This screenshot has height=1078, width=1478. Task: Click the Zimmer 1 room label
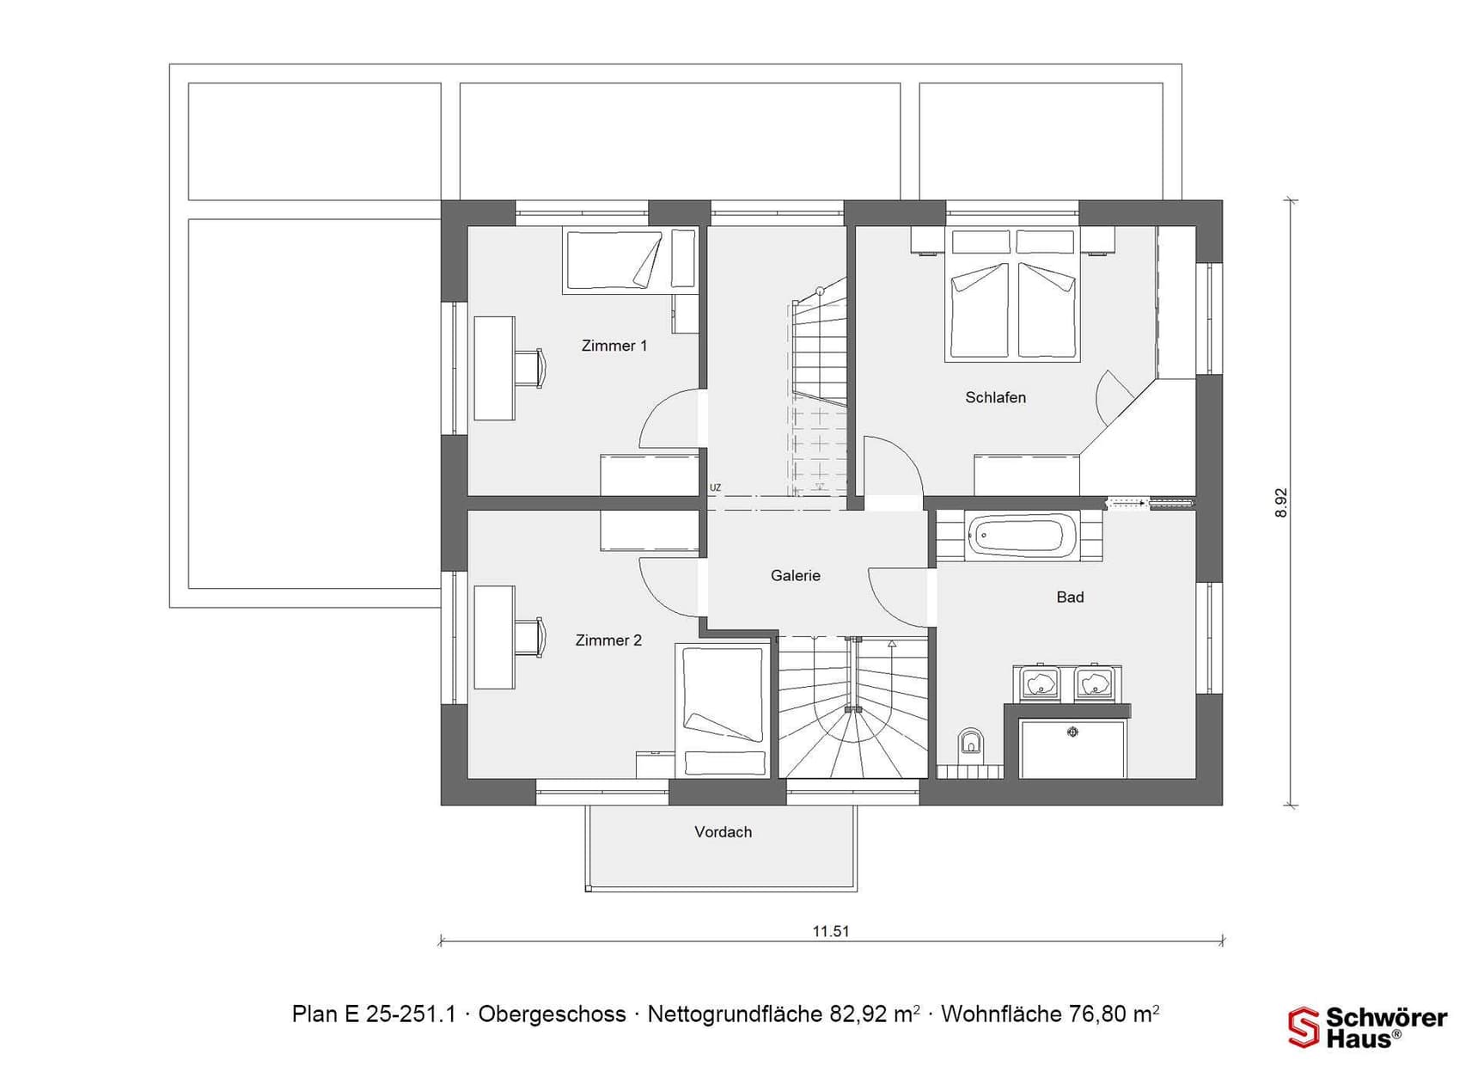coord(614,346)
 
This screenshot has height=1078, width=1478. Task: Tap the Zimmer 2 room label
coord(608,640)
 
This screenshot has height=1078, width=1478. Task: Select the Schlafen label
coord(995,397)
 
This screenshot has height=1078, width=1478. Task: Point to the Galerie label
coord(795,576)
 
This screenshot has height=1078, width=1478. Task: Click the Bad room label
coord(1070,597)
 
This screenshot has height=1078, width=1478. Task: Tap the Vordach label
coord(723,832)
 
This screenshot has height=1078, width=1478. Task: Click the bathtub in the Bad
coord(1023,534)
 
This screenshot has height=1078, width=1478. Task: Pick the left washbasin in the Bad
coord(1039,683)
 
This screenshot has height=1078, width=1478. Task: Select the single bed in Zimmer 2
coord(723,710)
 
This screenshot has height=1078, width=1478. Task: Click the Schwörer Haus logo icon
coord(1303,1027)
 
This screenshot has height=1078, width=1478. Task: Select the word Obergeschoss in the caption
coord(552,1014)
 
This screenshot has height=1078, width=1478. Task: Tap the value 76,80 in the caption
coord(1097,1014)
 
